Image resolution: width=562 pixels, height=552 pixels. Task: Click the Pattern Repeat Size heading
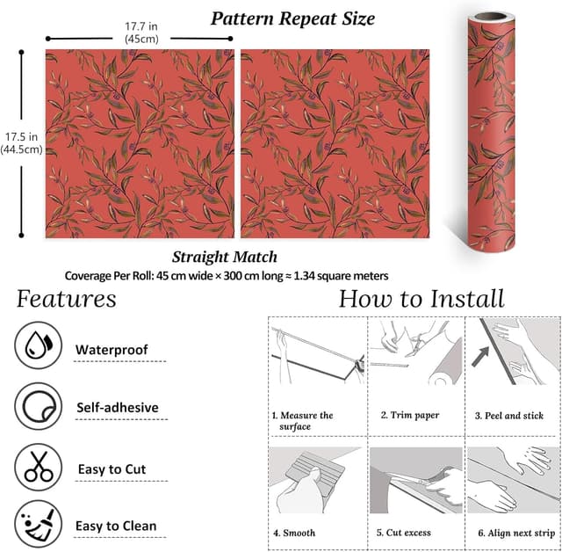tap(292, 18)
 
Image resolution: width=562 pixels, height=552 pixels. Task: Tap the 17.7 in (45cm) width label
tap(141, 33)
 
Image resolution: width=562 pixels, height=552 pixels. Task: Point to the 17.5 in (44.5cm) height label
tap(21, 143)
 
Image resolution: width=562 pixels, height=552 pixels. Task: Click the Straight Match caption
tap(225, 257)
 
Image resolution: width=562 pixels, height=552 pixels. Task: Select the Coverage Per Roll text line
tap(227, 276)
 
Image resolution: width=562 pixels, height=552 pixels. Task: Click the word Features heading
tap(67, 299)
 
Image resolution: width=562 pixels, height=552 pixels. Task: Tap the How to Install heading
tap(421, 299)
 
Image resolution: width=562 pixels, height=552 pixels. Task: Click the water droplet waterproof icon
tap(39, 345)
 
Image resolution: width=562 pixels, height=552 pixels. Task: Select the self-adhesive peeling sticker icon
tap(39, 406)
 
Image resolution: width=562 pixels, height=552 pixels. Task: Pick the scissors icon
tap(39, 467)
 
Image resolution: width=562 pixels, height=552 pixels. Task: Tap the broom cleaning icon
tap(39, 524)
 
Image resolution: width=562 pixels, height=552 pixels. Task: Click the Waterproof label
tap(112, 350)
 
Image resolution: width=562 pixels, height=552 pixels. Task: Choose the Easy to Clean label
tap(116, 526)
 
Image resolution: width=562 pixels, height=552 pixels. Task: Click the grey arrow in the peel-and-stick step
tap(480, 357)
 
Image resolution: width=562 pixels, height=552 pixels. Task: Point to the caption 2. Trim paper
tap(410, 416)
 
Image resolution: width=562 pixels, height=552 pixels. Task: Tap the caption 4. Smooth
tap(294, 533)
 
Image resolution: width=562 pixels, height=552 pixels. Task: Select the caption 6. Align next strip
tap(516, 533)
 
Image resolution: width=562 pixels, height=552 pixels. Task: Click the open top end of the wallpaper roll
tap(492, 17)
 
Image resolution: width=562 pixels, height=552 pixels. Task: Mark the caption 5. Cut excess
tap(404, 533)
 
